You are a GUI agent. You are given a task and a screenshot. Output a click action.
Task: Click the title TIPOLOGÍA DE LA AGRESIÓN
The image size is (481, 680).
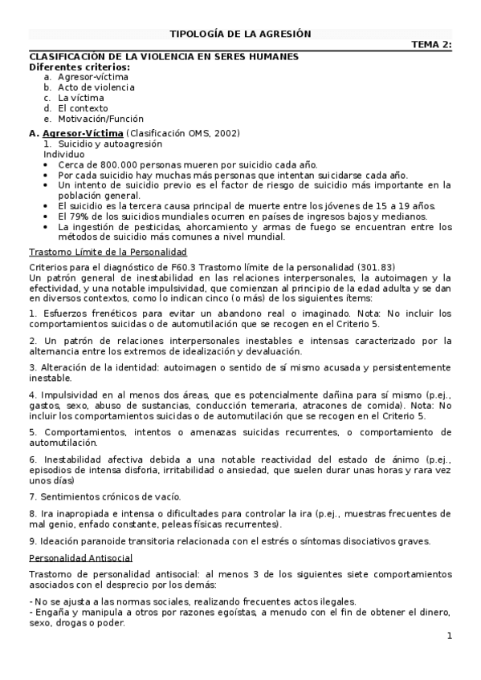tap(240, 34)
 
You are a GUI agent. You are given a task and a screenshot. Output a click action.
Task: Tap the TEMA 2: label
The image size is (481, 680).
tap(431, 45)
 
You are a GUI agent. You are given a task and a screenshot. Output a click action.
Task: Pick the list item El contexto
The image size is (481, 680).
tap(82, 108)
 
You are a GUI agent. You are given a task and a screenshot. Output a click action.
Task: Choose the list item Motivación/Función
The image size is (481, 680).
tap(100, 119)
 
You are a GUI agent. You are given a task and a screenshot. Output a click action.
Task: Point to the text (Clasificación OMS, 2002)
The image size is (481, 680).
tap(182, 132)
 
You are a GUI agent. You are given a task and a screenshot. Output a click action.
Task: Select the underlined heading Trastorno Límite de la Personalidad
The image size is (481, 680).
tap(113, 252)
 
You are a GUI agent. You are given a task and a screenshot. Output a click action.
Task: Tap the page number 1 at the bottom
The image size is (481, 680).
tap(450, 636)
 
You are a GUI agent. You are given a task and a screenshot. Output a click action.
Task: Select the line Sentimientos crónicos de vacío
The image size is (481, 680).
tap(104, 496)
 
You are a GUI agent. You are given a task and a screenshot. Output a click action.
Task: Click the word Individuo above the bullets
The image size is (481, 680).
tap(63, 153)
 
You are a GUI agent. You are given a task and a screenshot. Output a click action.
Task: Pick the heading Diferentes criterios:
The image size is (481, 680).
tap(79, 67)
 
